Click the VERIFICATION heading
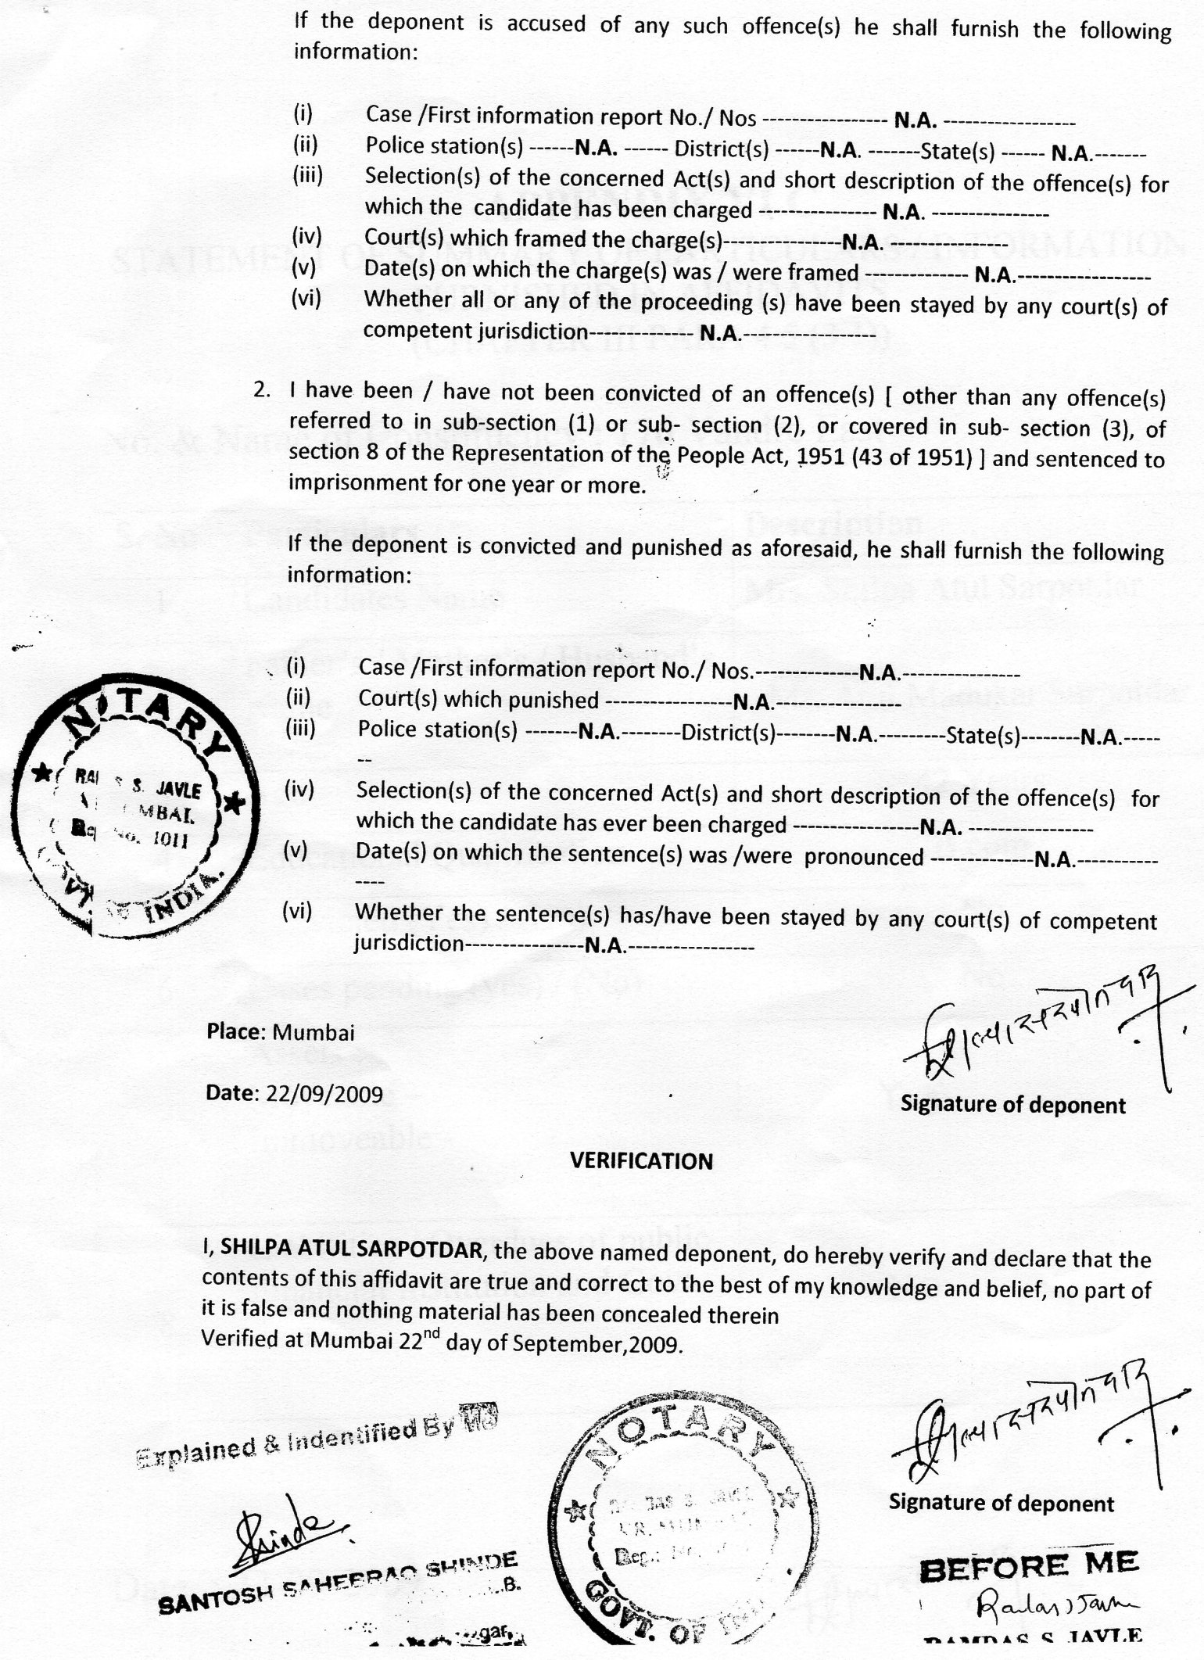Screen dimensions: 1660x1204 [x=641, y=1161]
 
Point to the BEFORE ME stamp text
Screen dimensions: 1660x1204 [x=1029, y=1565]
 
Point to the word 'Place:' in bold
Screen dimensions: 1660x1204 [x=233, y=1031]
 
